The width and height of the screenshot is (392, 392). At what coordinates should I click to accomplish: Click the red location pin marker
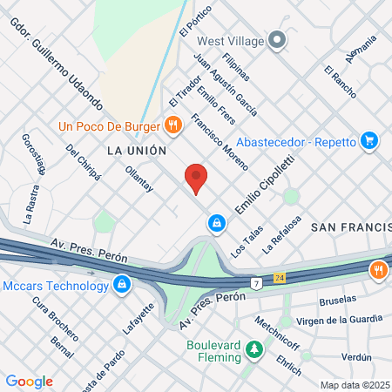[196, 179]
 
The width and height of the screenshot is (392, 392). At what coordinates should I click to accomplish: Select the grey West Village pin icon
[278, 40]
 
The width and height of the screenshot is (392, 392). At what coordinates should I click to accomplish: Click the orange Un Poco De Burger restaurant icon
[173, 125]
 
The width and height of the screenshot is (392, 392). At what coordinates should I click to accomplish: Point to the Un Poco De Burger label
[110, 125]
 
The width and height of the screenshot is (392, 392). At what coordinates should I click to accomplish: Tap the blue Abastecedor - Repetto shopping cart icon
[369, 138]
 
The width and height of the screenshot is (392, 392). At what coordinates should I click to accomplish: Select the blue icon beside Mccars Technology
[122, 283]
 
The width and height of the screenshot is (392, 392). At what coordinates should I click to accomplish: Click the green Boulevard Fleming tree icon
[253, 350]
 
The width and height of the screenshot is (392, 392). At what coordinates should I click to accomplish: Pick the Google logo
[29, 381]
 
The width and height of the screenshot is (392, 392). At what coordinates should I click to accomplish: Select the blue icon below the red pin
[215, 224]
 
